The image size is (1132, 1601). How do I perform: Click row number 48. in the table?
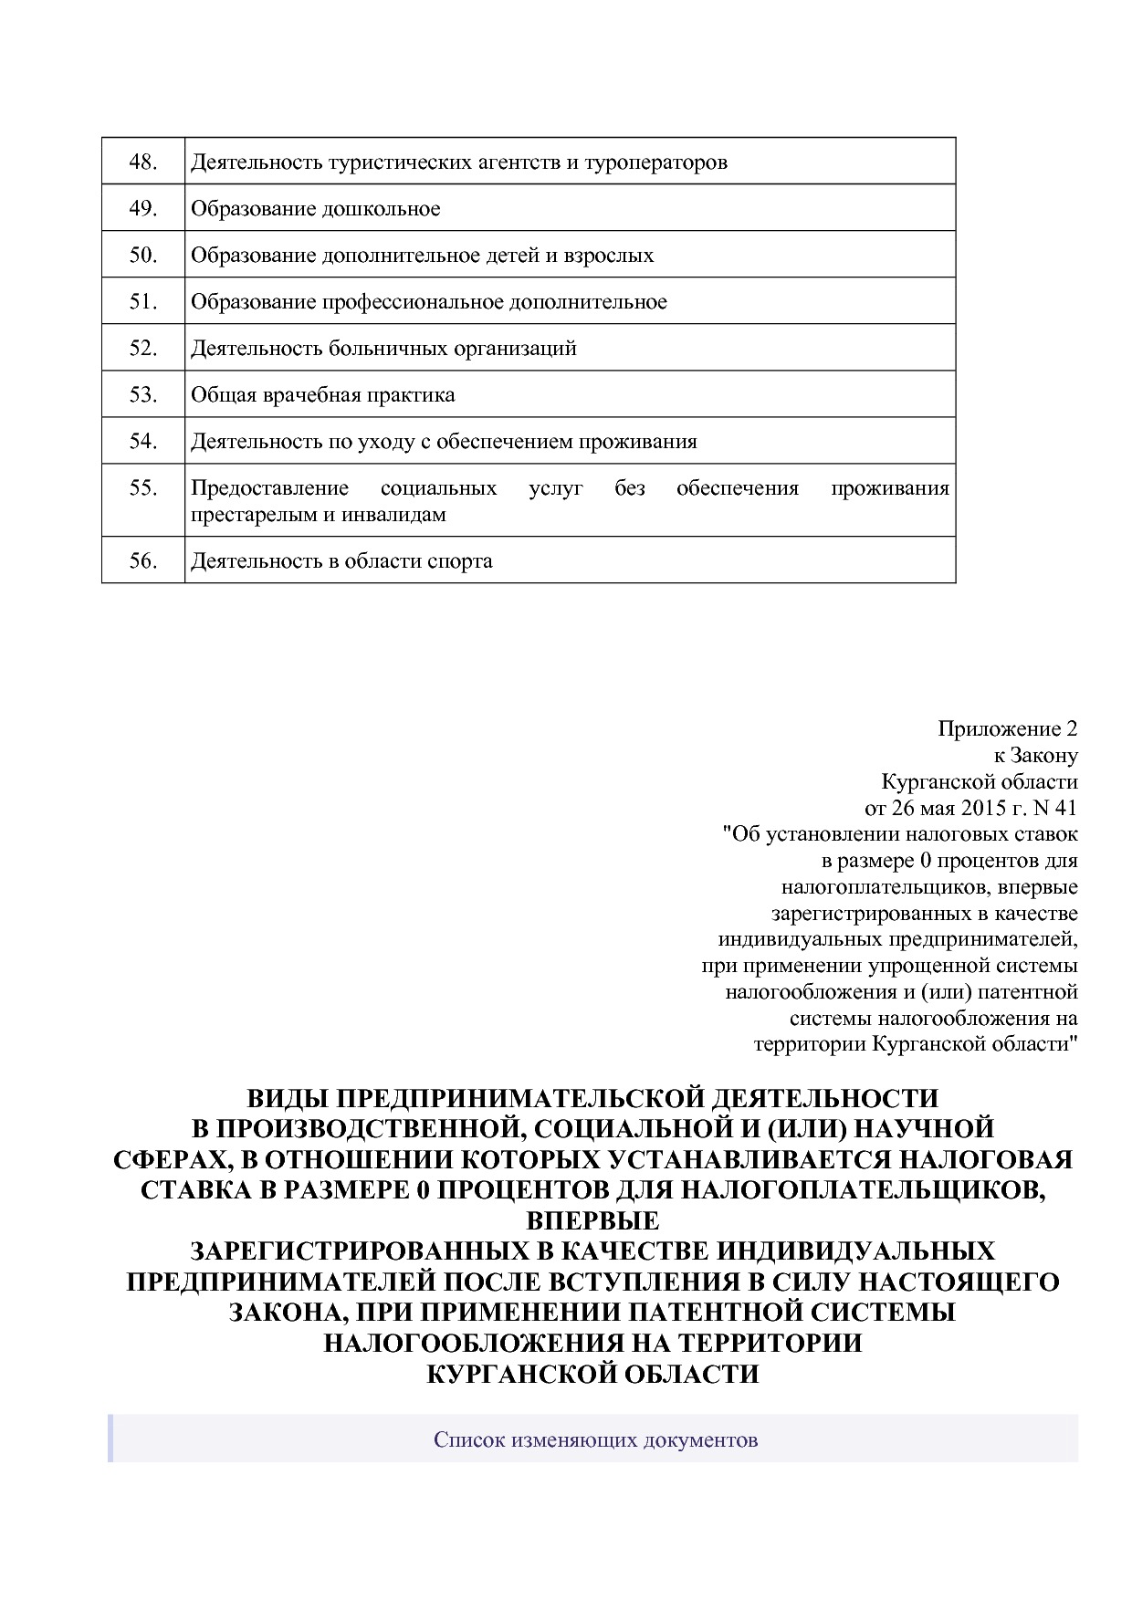tap(143, 162)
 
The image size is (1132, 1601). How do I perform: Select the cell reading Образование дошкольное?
tap(315, 209)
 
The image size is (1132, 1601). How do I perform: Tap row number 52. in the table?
tap(143, 348)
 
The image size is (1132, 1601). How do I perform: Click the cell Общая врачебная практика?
tap(322, 395)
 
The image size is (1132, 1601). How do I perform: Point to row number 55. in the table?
tap(143, 488)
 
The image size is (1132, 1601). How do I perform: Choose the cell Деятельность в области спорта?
tap(341, 560)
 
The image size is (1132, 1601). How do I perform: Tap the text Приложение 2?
tap(1007, 729)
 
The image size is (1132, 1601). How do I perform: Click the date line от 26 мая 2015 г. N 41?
tap(970, 808)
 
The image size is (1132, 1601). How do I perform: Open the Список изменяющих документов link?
tap(595, 1440)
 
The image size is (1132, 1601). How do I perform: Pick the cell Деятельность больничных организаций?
tap(383, 348)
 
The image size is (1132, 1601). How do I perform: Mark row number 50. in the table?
tap(143, 256)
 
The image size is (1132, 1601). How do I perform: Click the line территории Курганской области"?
tap(916, 1043)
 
